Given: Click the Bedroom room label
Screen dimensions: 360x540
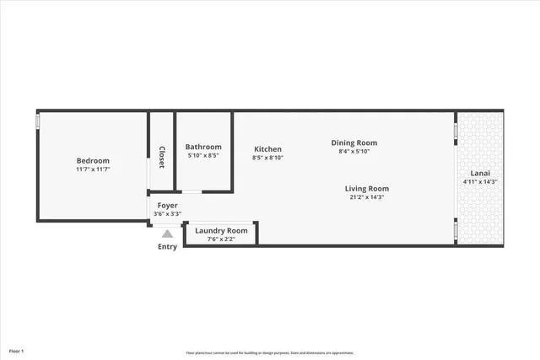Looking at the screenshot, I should click(93, 161).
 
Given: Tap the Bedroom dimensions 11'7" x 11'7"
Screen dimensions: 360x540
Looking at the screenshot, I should click(93, 169).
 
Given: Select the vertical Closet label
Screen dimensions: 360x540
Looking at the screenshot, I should click(161, 158).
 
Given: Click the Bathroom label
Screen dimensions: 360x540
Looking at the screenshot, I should click(203, 146).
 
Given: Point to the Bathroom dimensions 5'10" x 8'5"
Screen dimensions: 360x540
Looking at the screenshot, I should click(203, 155).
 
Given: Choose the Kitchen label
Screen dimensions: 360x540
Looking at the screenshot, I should click(268, 149).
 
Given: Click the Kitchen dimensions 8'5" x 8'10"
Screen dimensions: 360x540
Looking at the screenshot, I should click(268, 158).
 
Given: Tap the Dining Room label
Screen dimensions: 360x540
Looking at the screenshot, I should click(354, 142).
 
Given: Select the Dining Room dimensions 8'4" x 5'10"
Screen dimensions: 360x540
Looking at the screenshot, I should click(354, 152).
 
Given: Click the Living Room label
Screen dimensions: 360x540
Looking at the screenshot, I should click(366, 188).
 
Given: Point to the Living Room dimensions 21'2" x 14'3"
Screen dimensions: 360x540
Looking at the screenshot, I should click(366, 197).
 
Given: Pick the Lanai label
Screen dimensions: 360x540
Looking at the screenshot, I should click(480, 173).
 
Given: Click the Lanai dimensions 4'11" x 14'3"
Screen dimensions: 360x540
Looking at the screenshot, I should click(480, 182).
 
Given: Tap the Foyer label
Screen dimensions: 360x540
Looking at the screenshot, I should click(167, 205).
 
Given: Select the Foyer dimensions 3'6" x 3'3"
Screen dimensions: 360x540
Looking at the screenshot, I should click(167, 214).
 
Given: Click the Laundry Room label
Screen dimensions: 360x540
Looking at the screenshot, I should click(221, 230).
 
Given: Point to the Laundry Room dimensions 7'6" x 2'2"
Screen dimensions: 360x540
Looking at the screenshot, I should click(221, 239).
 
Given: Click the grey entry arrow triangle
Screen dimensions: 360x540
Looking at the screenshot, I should click(167, 234).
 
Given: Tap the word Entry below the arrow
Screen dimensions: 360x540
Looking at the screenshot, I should click(167, 246).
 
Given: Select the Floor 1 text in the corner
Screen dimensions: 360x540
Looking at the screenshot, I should click(17, 351).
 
